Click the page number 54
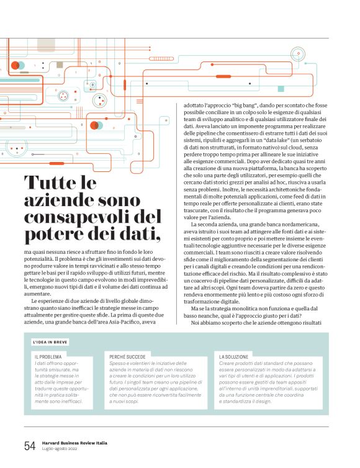click(x=30, y=446)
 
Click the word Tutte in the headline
click(x=52, y=184)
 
